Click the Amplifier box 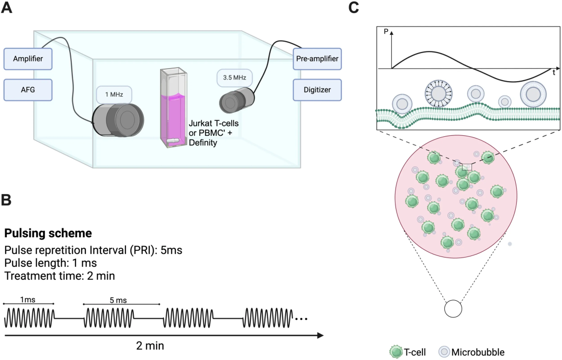[29, 59]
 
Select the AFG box [29, 89]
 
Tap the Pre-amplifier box [316, 59]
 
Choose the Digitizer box [316, 89]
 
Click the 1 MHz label [113, 95]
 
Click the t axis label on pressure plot [554, 73]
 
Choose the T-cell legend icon [396, 352]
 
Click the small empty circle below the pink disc [453, 308]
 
